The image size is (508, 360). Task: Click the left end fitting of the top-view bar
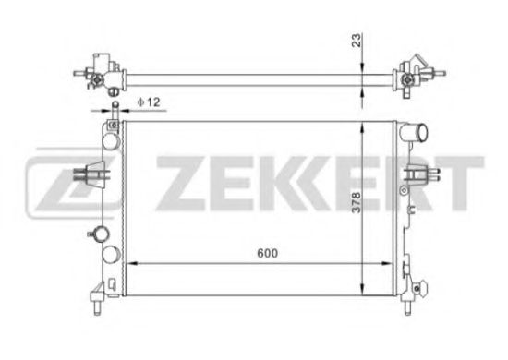point(101,71)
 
